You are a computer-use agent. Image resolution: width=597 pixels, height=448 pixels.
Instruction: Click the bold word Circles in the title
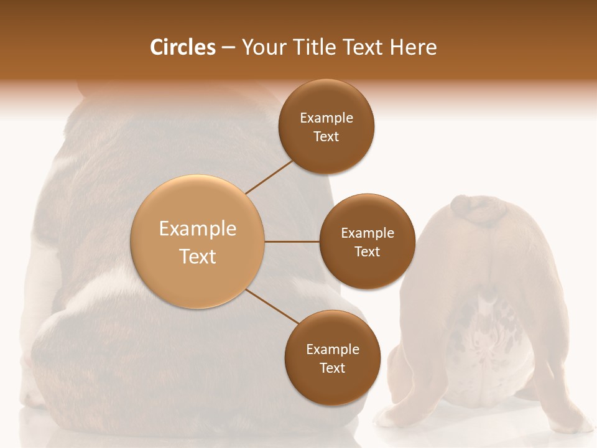click(x=182, y=47)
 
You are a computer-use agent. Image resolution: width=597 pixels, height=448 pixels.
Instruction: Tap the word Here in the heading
click(x=413, y=47)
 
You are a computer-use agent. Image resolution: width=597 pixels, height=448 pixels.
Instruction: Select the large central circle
click(x=198, y=242)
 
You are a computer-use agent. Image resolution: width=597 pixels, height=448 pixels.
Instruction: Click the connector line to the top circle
click(x=269, y=176)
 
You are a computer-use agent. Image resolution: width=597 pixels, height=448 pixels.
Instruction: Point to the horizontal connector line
click(x=292, y=241)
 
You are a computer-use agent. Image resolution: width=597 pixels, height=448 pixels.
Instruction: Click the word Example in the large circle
click(x=198, y=229)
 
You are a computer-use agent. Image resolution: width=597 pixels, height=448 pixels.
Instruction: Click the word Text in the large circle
click(x=198, y=256)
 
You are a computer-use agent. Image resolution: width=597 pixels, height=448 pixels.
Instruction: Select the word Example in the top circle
click(x=326, y=118)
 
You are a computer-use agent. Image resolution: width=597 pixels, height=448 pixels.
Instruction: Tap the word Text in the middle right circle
click(x=367, y=251)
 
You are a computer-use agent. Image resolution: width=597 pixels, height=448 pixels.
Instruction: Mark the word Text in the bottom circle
click(x=332, y=368)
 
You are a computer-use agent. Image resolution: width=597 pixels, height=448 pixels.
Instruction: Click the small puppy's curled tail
click(x=479, y=212)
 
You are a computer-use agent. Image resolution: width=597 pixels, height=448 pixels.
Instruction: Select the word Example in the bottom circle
click(x=332, y=350)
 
